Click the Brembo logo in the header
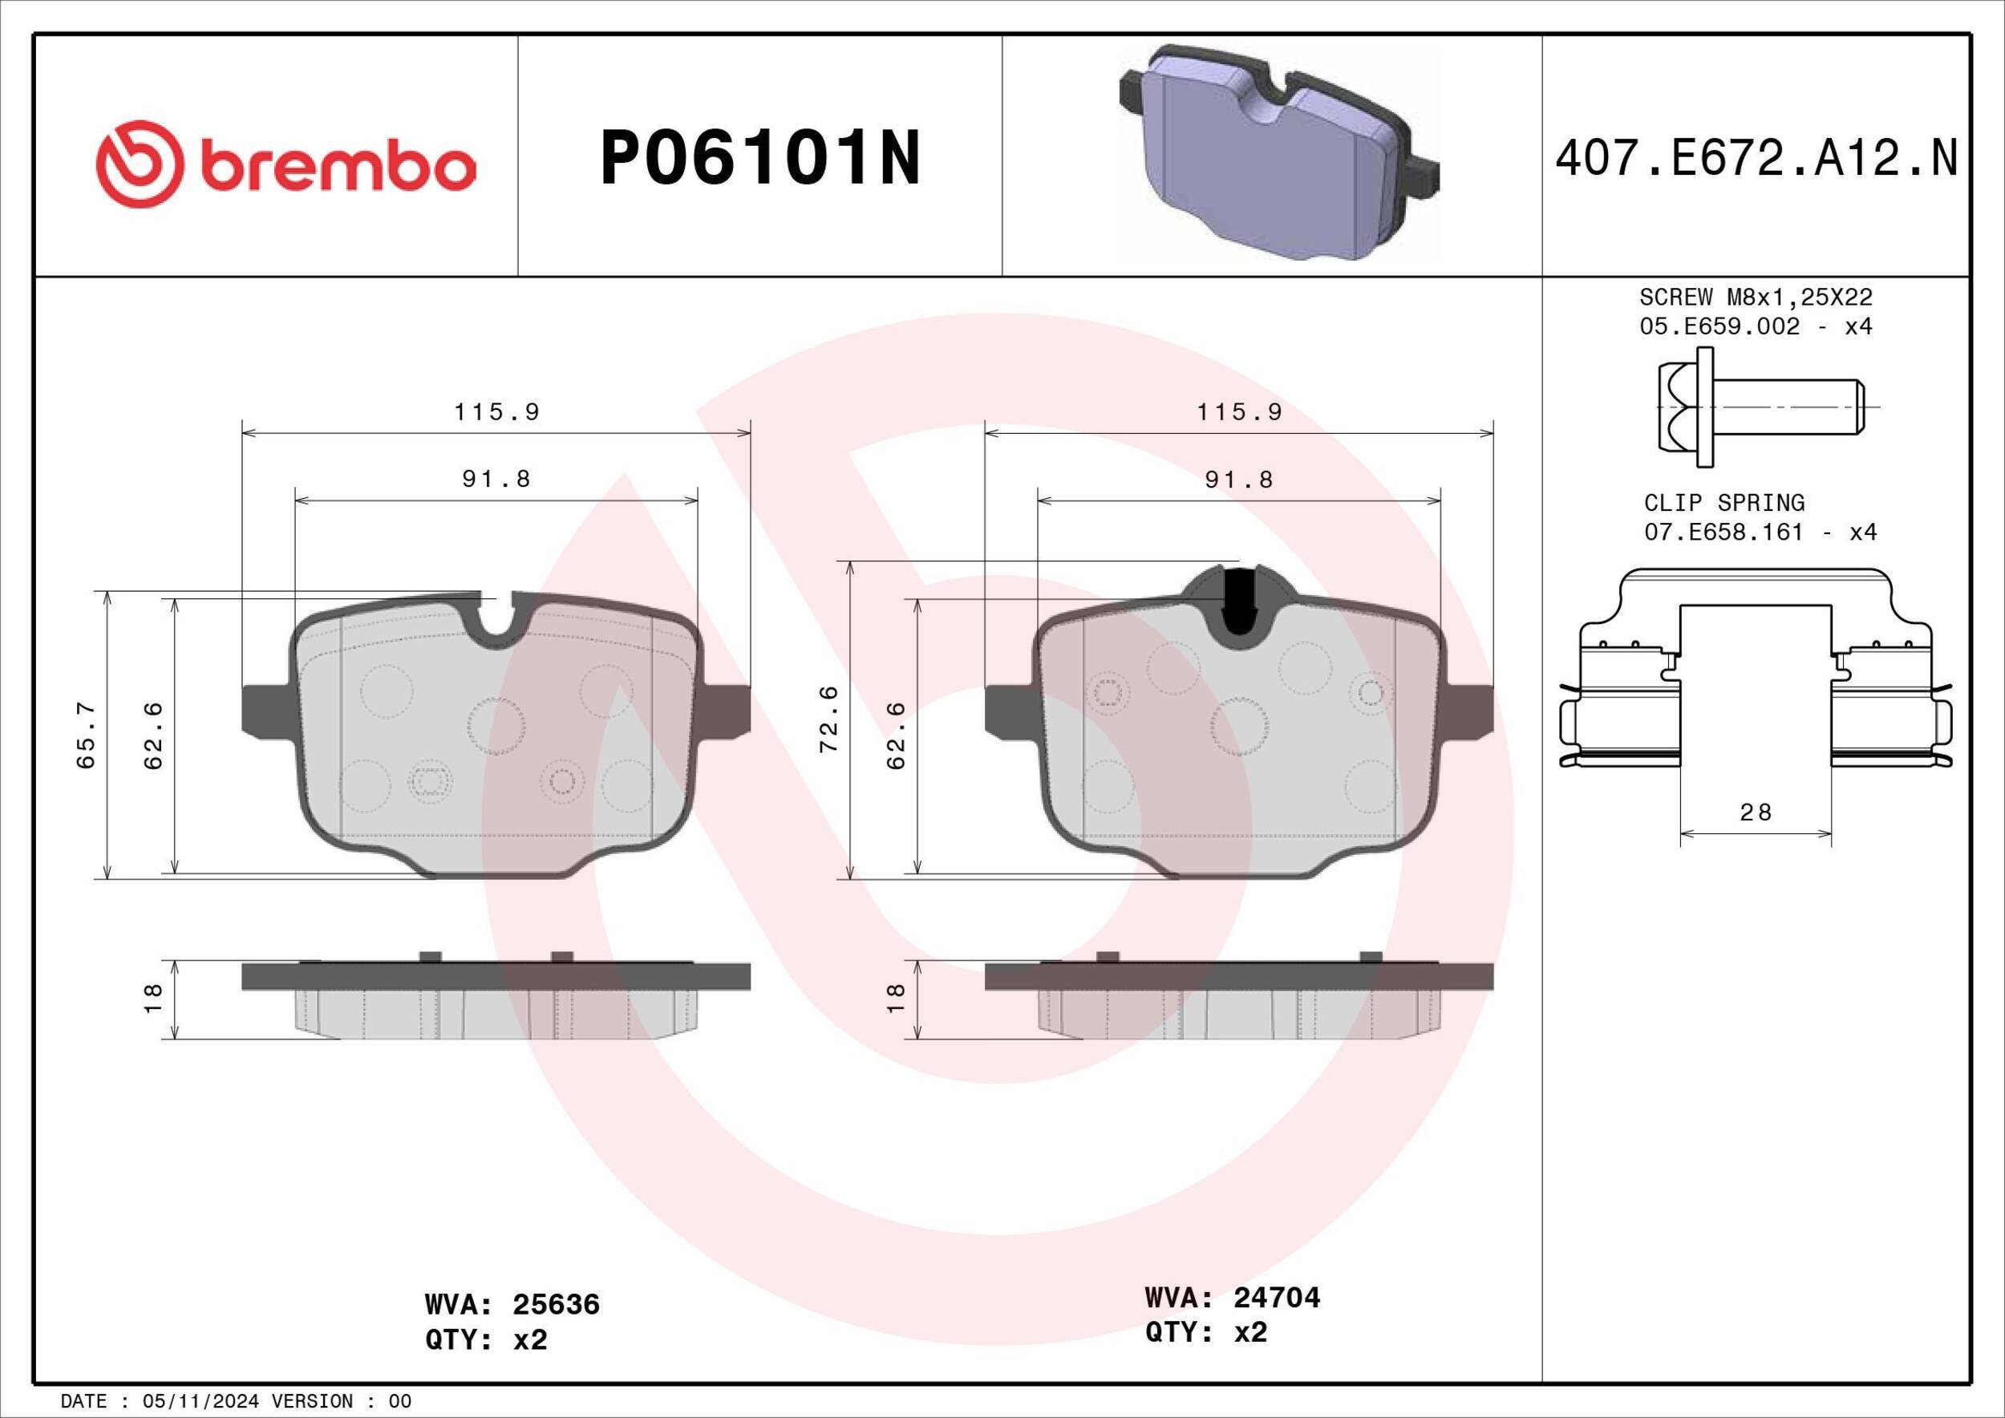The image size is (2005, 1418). [286, 164]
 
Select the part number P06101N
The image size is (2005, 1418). [759, 158]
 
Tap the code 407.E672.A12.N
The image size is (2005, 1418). [1756, 160]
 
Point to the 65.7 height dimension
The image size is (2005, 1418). [86, 735]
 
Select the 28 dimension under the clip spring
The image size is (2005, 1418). [1756, 812]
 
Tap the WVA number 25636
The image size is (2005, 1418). [556, 1304]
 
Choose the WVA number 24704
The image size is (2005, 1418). [1276, 1298]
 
